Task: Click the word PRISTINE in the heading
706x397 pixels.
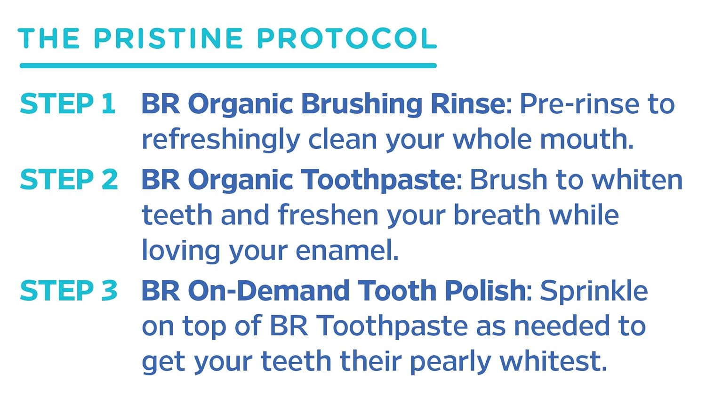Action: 168,39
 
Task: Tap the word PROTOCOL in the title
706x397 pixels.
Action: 347,39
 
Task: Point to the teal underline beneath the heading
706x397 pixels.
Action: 228,66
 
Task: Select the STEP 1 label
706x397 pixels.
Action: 67,104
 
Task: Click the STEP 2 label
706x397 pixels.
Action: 69,180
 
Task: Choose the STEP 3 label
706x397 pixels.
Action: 69,291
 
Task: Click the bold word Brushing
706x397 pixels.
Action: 361,104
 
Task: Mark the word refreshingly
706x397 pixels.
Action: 221,140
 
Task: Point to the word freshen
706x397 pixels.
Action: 328,215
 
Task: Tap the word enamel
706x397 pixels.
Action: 346,251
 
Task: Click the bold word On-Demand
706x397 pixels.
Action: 269,291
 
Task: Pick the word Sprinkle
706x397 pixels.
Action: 594,291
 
